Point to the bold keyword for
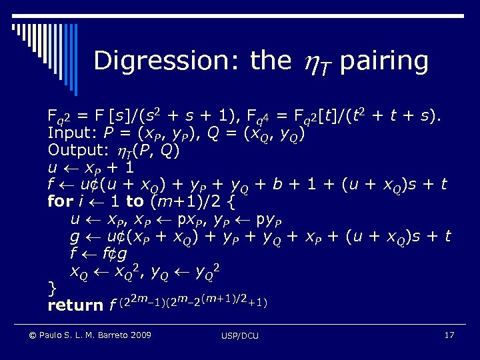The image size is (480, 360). (x=59, y=201)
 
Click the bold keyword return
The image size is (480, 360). (x=75, y=305)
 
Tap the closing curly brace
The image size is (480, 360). (x=52, y=288)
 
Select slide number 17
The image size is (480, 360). (x=449, y=334)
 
